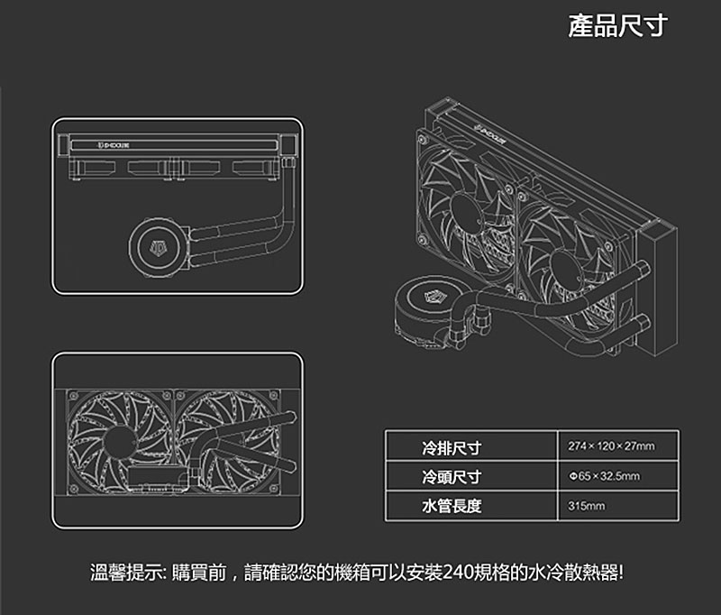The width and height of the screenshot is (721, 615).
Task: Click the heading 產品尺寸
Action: click(617, 26)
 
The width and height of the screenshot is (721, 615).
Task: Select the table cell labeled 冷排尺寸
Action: click(452, 447)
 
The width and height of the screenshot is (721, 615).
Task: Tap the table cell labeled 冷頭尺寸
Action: click(452, 476)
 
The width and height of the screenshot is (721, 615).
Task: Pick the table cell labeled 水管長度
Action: click(452, 506)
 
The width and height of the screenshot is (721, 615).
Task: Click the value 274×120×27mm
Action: click(611, 446)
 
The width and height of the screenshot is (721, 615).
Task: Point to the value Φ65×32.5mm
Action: click(604, 476)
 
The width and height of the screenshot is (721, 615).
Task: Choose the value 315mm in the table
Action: click(587, 506)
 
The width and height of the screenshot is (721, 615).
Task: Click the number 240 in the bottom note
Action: click(459, 573)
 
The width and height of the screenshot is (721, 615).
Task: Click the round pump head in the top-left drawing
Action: click(159, 248)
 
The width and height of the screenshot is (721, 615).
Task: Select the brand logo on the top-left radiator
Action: click(114, 145)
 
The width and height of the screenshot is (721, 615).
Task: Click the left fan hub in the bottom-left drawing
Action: click(118, 443)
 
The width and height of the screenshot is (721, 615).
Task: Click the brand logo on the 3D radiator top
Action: click(490, 133)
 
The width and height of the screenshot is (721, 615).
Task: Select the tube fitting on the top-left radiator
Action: click(287, 163)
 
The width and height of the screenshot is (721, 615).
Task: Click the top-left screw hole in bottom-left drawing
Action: click(74, 396)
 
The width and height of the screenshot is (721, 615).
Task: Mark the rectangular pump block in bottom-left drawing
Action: click(159, 480)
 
